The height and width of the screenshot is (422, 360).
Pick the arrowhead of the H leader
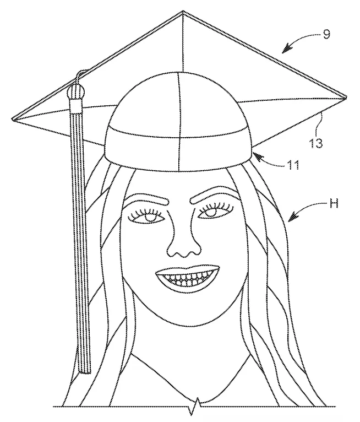point(289,221)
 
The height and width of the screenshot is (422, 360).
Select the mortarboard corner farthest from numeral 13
point(13,119)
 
